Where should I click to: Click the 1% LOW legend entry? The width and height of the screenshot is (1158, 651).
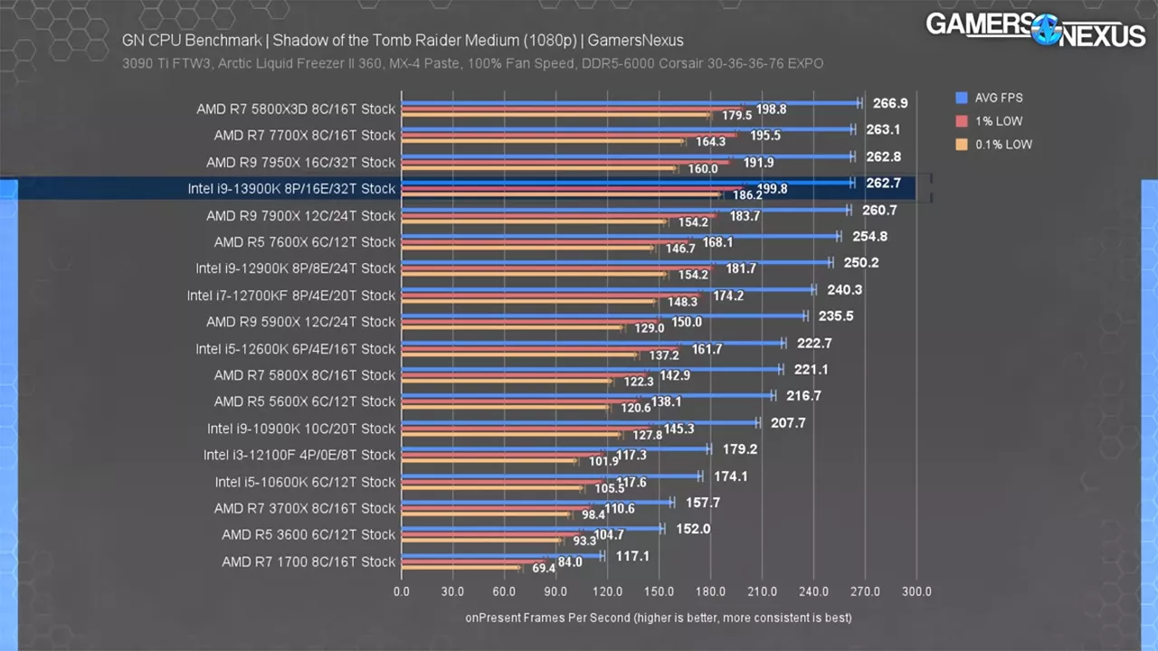point(994,121)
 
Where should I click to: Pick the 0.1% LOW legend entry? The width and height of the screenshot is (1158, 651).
point(1000,145)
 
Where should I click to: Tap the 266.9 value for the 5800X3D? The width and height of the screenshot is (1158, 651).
point(890,103)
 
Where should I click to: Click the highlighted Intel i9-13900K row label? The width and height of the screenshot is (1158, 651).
point(291,189)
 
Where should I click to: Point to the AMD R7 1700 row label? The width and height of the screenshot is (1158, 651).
point(308,561)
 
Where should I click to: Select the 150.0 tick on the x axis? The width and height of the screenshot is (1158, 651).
point(659,592)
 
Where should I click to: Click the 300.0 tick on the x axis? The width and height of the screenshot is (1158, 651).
point(916,592)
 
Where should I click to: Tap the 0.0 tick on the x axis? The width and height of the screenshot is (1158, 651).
point(402,592)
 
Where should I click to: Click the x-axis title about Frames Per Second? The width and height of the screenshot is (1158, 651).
point(659,618)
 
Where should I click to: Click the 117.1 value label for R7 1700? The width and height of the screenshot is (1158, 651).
point(632,556)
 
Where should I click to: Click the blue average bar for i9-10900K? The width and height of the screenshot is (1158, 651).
point(579,422)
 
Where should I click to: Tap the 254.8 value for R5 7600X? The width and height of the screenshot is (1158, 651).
point(869,236)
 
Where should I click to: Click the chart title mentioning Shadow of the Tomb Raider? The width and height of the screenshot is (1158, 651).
point(403,41)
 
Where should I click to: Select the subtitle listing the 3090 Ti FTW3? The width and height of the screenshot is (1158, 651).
point(472,63)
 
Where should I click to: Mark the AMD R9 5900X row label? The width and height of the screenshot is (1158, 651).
point(300,322)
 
